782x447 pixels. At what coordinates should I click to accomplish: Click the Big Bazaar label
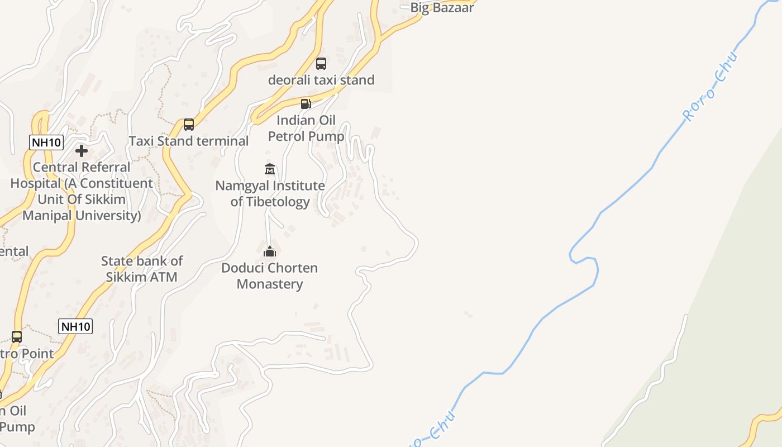(442, 8)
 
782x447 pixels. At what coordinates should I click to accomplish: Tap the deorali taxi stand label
(321, 80)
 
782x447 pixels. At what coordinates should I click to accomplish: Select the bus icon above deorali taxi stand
(321, 64)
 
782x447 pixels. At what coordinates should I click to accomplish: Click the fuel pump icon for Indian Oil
(306, 103)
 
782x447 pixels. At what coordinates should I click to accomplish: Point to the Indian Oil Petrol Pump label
(306, 129)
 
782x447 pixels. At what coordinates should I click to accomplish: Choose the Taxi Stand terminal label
(189, 141)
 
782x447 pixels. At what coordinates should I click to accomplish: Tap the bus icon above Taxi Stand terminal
(189, 124)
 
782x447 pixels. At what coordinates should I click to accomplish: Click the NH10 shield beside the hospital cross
(46, 142)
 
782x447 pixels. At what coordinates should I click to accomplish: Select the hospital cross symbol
(82, 150)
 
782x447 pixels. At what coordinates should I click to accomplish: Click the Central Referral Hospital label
(82, 191)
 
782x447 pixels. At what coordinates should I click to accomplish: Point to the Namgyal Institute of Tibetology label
(270, 193)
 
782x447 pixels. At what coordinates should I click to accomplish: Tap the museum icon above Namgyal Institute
(270, 169)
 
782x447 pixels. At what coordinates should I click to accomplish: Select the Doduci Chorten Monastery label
(270, 275)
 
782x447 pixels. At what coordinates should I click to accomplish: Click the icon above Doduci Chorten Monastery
(270, 252)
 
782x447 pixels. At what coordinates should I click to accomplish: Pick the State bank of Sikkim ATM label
(142, 269)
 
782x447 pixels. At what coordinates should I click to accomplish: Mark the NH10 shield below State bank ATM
(75, 326)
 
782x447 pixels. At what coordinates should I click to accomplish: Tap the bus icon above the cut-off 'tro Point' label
(17, 336)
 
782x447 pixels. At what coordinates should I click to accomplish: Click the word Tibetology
(270, 202)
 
